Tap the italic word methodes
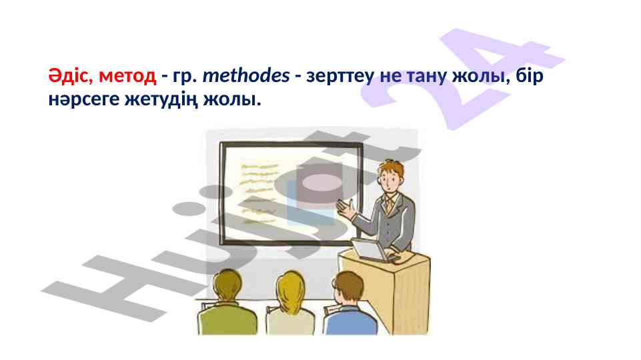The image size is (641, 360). point(246,75)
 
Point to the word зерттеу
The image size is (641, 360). point(340,77)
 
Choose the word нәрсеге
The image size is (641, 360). point(83,99)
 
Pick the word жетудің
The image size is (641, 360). point(161,99)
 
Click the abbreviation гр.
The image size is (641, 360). point(182,77)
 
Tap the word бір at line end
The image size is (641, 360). point(530,75)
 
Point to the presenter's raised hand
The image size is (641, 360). point(346,209)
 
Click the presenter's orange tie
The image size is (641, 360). point(389,204)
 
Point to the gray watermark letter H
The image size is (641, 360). point(123,286)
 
